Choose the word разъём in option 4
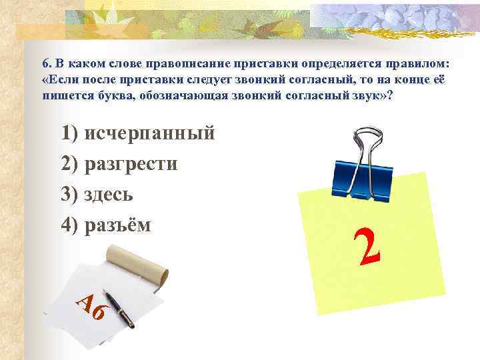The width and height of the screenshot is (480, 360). point(118,225)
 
